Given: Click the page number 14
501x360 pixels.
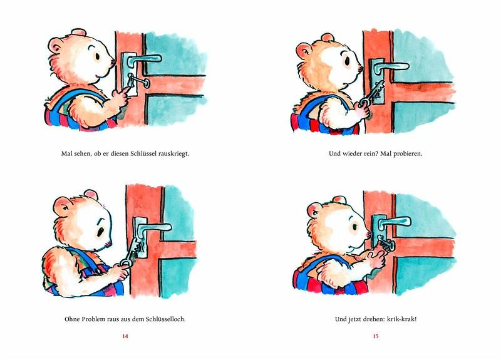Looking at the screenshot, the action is tap(125, 336).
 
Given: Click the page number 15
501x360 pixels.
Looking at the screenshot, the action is tap(375, 336).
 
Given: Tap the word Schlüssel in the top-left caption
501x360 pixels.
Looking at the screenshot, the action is tap(143, 153).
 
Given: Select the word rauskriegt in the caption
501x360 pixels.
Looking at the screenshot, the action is tap(173, 153).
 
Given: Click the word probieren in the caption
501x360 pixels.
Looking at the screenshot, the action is tap(406, 153).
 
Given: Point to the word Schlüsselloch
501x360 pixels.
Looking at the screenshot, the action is tap(165, 319).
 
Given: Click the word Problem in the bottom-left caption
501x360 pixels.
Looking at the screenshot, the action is tap(93, 319).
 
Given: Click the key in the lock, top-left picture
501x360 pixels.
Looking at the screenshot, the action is tap(137, 81).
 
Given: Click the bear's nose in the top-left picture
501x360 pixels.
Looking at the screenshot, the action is tap(113, 61).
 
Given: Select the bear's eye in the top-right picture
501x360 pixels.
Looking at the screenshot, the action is tap(347, 61).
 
